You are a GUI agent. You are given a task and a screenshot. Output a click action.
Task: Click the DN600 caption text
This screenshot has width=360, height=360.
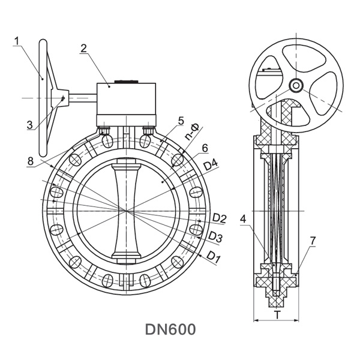pos(170,329)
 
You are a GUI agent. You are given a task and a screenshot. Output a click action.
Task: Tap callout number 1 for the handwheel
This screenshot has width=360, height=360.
pos(17,41)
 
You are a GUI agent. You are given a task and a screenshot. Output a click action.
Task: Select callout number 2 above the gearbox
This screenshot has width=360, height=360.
pos(83,49)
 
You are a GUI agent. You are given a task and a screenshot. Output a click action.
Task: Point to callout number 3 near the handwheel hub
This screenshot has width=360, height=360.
pos(29,125)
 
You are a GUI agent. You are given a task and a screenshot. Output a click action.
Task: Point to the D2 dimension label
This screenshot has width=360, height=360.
pos(219,218)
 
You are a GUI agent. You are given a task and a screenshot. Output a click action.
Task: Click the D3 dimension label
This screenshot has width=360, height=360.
pos(215,238)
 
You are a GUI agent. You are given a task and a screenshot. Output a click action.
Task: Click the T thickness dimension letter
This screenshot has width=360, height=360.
pos(277,314)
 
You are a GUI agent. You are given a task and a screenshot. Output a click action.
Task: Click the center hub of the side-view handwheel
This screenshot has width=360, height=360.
pos(296,85)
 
